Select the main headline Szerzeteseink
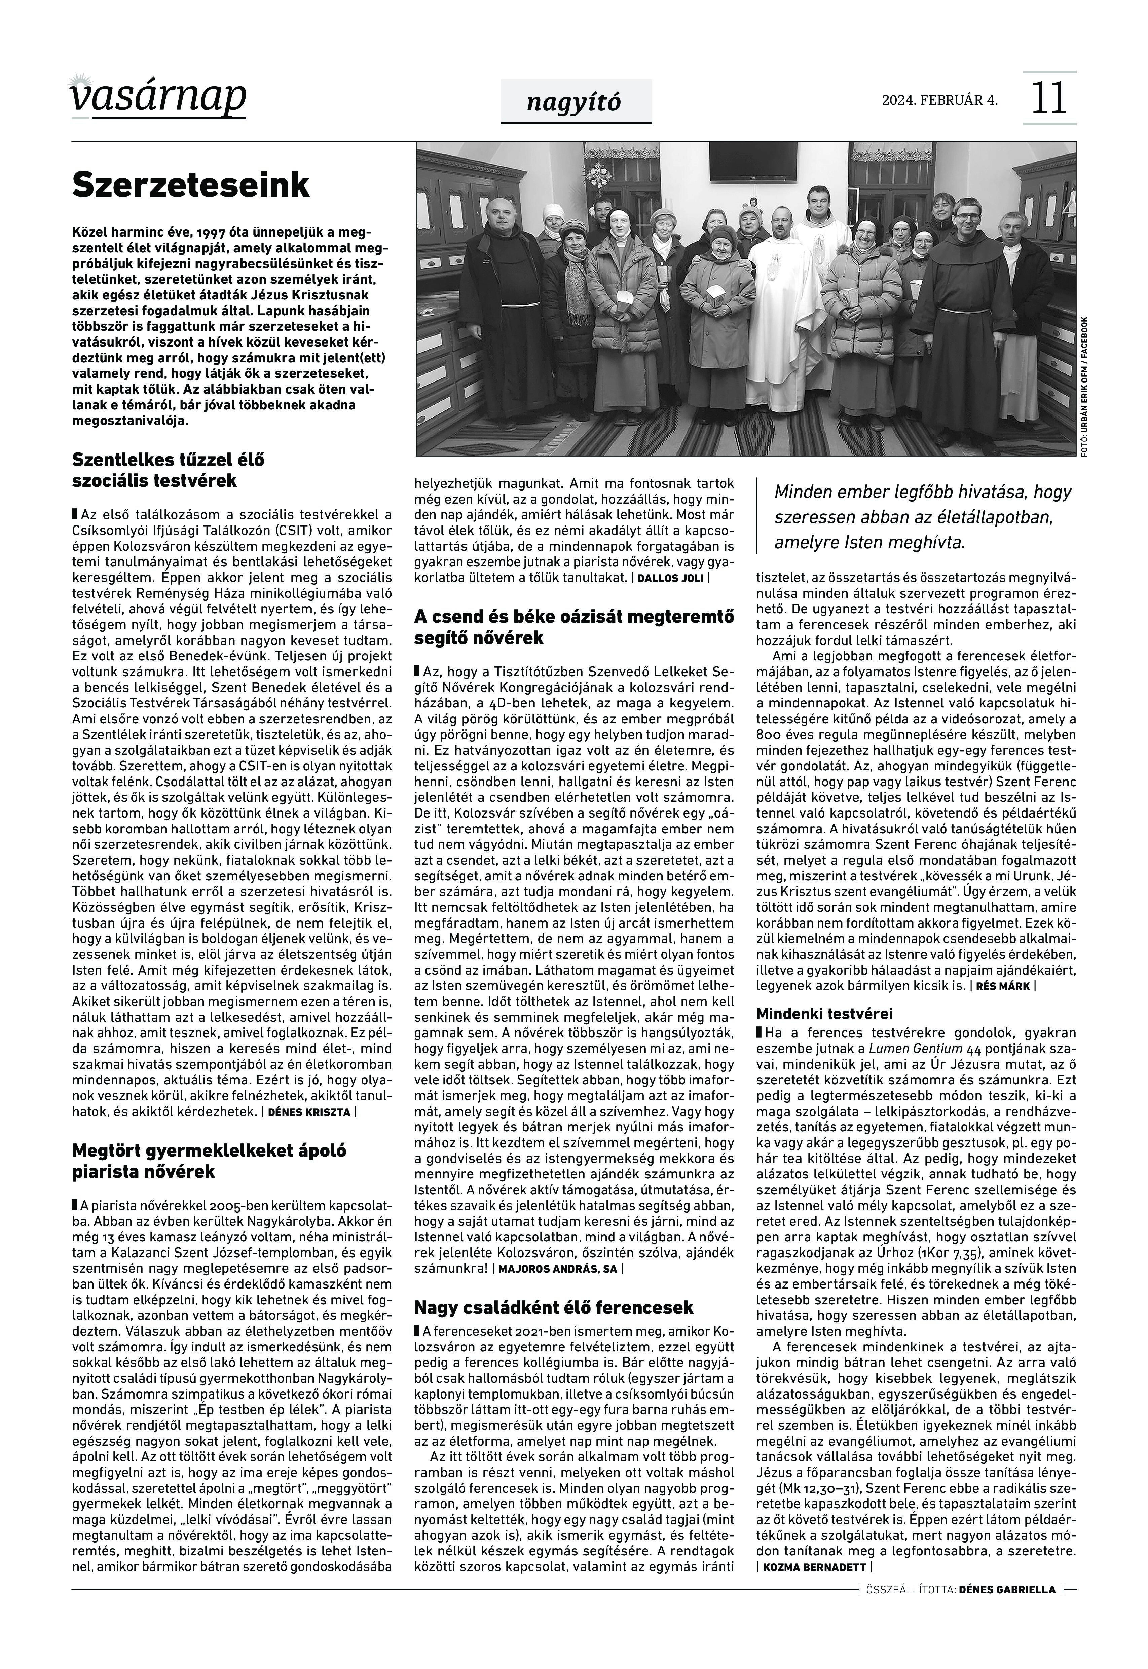(x=191, y=185)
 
